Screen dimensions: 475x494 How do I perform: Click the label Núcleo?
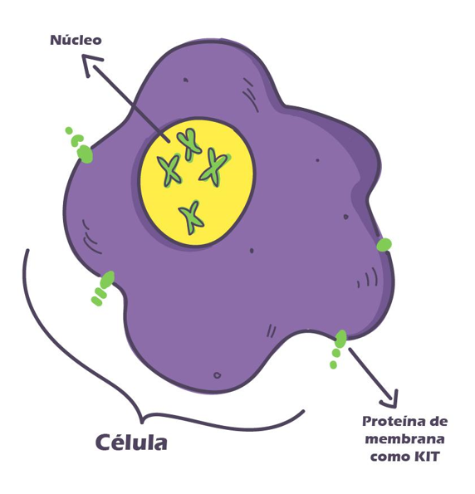coord(76,40)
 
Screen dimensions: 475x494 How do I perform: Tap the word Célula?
coord(131,443)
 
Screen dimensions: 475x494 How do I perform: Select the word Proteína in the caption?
coord(396,421)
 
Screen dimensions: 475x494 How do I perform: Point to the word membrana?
coord(404,439)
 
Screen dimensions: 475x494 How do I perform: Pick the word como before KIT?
coord(389,457)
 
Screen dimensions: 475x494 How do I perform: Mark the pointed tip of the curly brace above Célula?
coord(141,423)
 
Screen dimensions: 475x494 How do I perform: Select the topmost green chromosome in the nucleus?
coord(189,144)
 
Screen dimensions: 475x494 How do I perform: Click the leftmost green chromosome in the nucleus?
coord(169,170)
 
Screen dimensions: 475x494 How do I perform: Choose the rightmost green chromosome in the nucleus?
coord(214,168)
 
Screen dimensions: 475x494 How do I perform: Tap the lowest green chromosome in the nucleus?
coord(192,217)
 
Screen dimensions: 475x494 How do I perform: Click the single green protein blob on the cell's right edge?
coord(384,245)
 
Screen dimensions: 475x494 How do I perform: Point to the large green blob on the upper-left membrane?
coord(85,154)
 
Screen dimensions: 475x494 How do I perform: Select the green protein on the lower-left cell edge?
coord(107,279)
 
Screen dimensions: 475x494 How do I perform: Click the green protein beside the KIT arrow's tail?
coord(340,339)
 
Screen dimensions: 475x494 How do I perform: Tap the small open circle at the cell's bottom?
coord(218,375)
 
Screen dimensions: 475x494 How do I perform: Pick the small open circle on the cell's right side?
coord(345,217)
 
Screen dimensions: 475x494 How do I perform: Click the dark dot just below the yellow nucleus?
coord(252,251)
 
